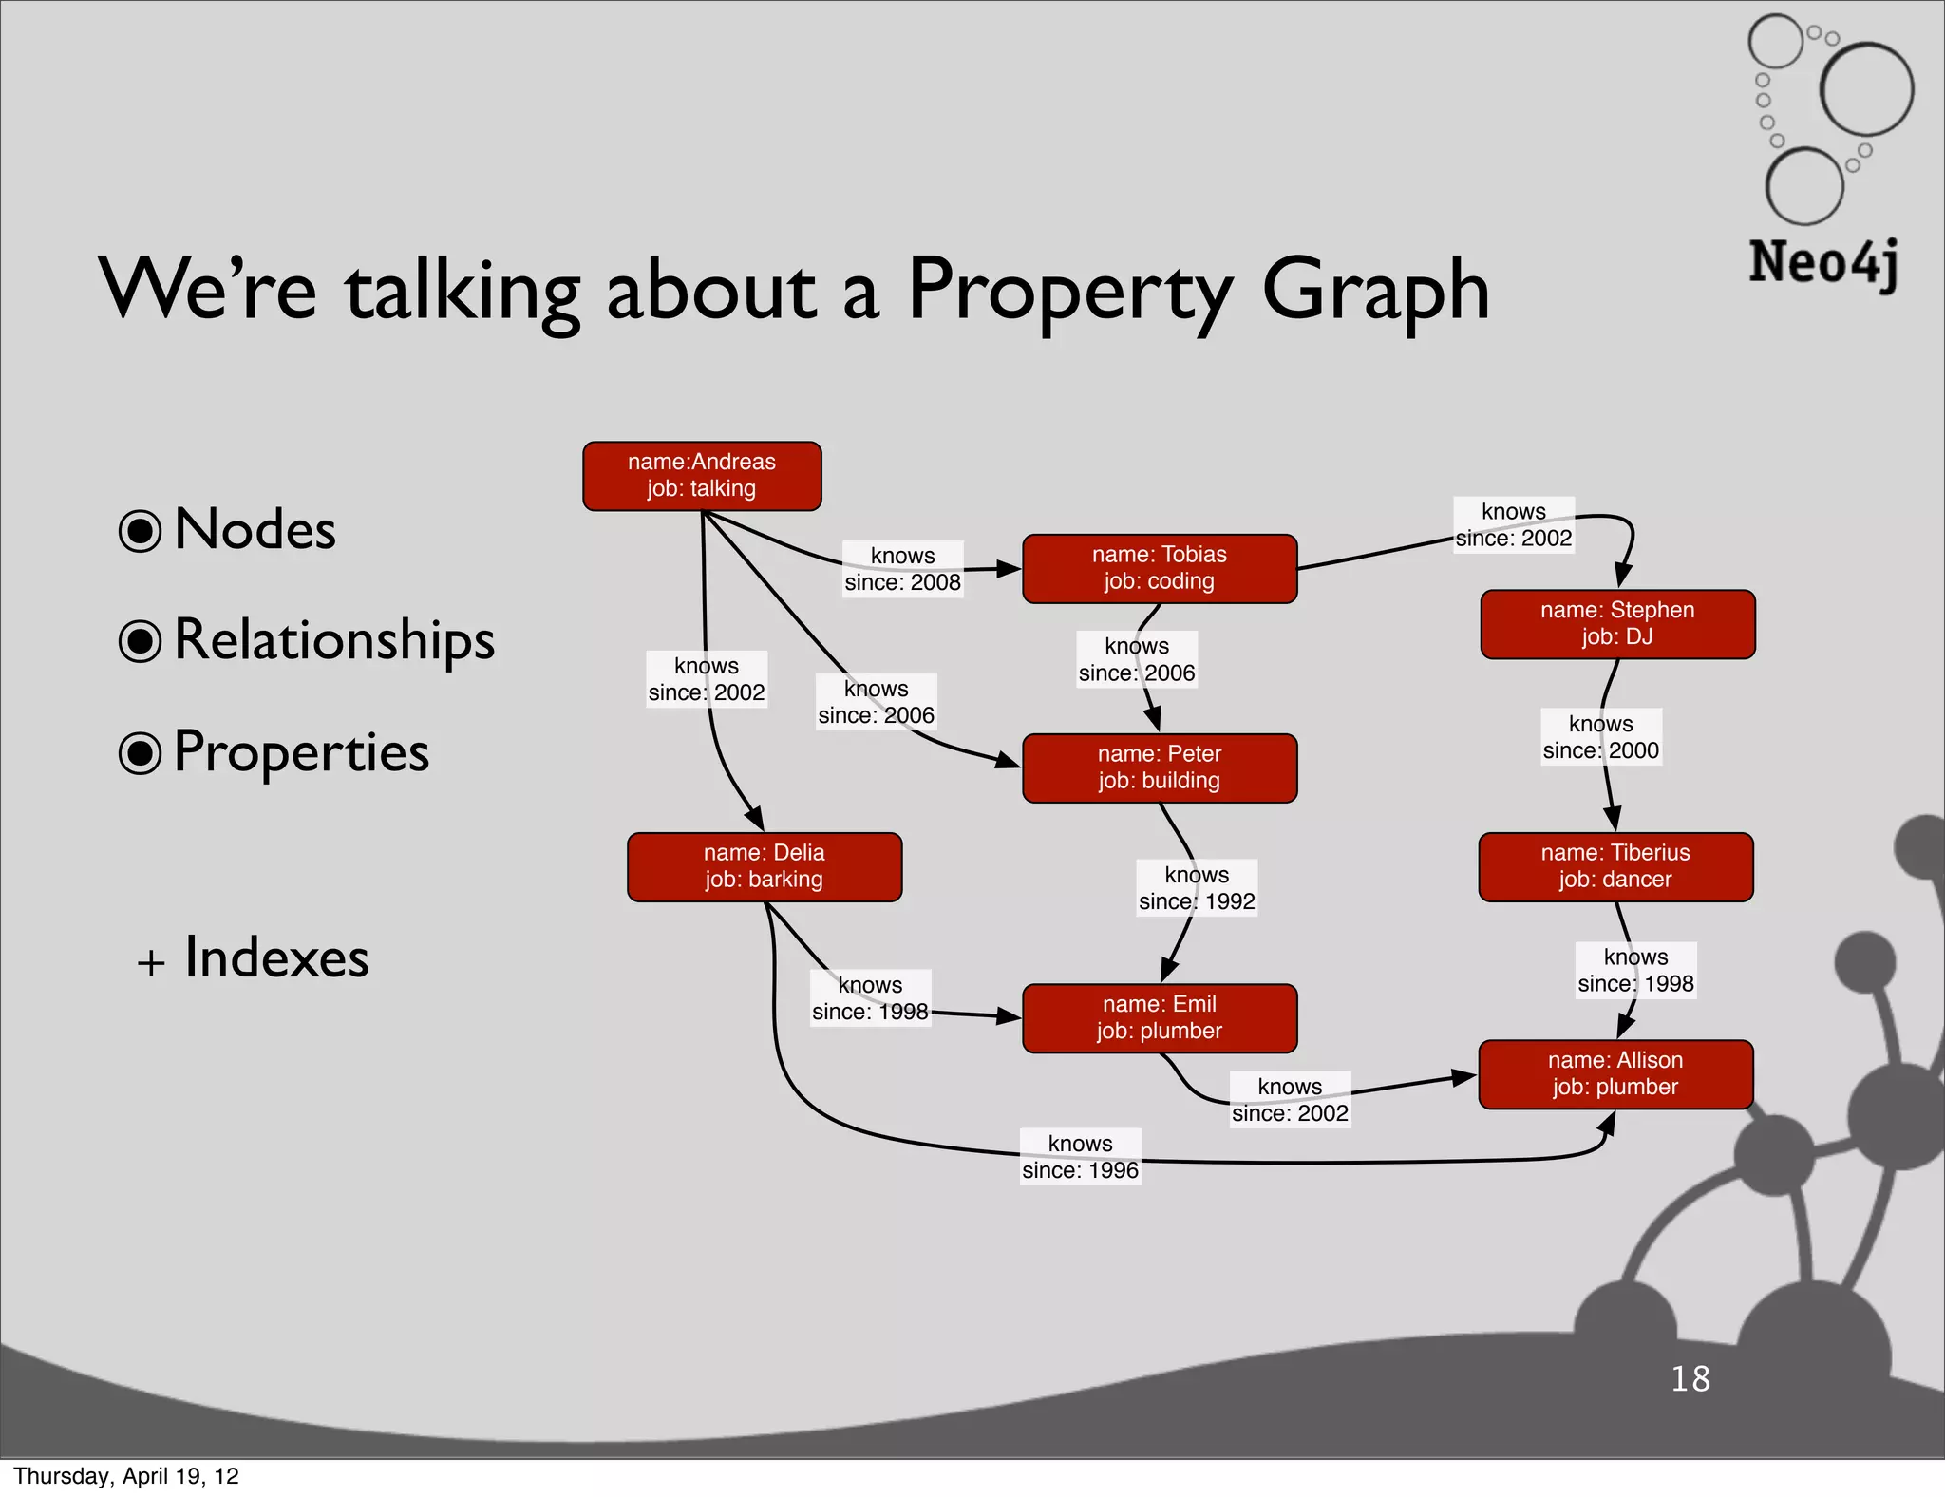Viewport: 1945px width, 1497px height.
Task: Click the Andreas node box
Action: coord(702,476)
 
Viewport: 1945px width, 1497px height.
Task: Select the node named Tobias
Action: coord(1160,568)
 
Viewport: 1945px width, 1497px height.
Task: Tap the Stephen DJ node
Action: coord(1617,624)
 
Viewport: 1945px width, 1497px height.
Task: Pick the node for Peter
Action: coord(1160,767)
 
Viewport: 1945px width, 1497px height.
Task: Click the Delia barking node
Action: coord(765,866)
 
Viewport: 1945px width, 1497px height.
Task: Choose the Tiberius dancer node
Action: coord(1615,866)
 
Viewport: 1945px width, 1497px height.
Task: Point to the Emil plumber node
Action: coord(1160,1017)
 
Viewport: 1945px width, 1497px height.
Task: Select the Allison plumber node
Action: coord(1615,1073)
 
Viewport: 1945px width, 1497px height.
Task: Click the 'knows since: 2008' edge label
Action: coord(903,569)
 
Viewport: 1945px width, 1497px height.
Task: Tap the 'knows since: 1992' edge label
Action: coord(1197,888)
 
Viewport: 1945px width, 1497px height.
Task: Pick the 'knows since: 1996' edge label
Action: coord(1080,1157)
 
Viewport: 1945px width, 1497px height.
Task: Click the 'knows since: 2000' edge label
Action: coord(1600,737)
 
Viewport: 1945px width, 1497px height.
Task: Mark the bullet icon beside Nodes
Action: coord(140,531)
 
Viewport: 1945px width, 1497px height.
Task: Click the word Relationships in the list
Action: coord(334,640)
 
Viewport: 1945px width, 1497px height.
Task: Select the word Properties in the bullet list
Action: coord(302,752)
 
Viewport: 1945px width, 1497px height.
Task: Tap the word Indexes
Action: coord(276,957)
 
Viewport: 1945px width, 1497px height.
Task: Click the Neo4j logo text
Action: coord(1823,263)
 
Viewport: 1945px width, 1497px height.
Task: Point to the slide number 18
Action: coord(1690,1378)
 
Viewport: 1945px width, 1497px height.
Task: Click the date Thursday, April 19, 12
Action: coord(126,1476)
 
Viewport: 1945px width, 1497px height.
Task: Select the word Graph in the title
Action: coord(1375,291)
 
